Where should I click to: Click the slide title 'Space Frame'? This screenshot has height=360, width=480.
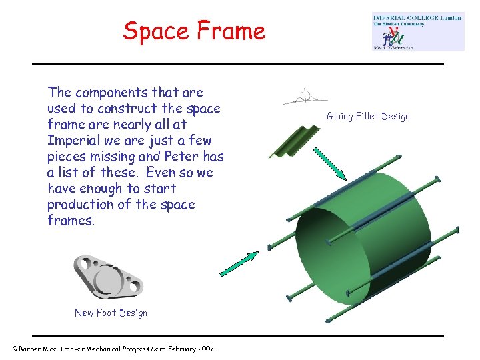click(194, 31)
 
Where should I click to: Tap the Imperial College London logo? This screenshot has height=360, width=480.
click(418, 31)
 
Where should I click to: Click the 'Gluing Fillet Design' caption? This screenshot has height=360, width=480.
click(368, 117)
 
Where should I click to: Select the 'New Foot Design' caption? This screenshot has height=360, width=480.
click(111, 313)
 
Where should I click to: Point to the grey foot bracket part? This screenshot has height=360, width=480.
click(108, 277)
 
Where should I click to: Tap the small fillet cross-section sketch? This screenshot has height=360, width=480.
click(305, 97)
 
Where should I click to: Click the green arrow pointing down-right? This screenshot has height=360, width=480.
click(329, 163)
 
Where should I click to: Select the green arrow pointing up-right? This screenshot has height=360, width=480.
click(240, 263)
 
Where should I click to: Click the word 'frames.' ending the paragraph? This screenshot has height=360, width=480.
click(71, 220)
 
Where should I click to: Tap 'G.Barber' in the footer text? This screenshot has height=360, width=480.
click(29, 349)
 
